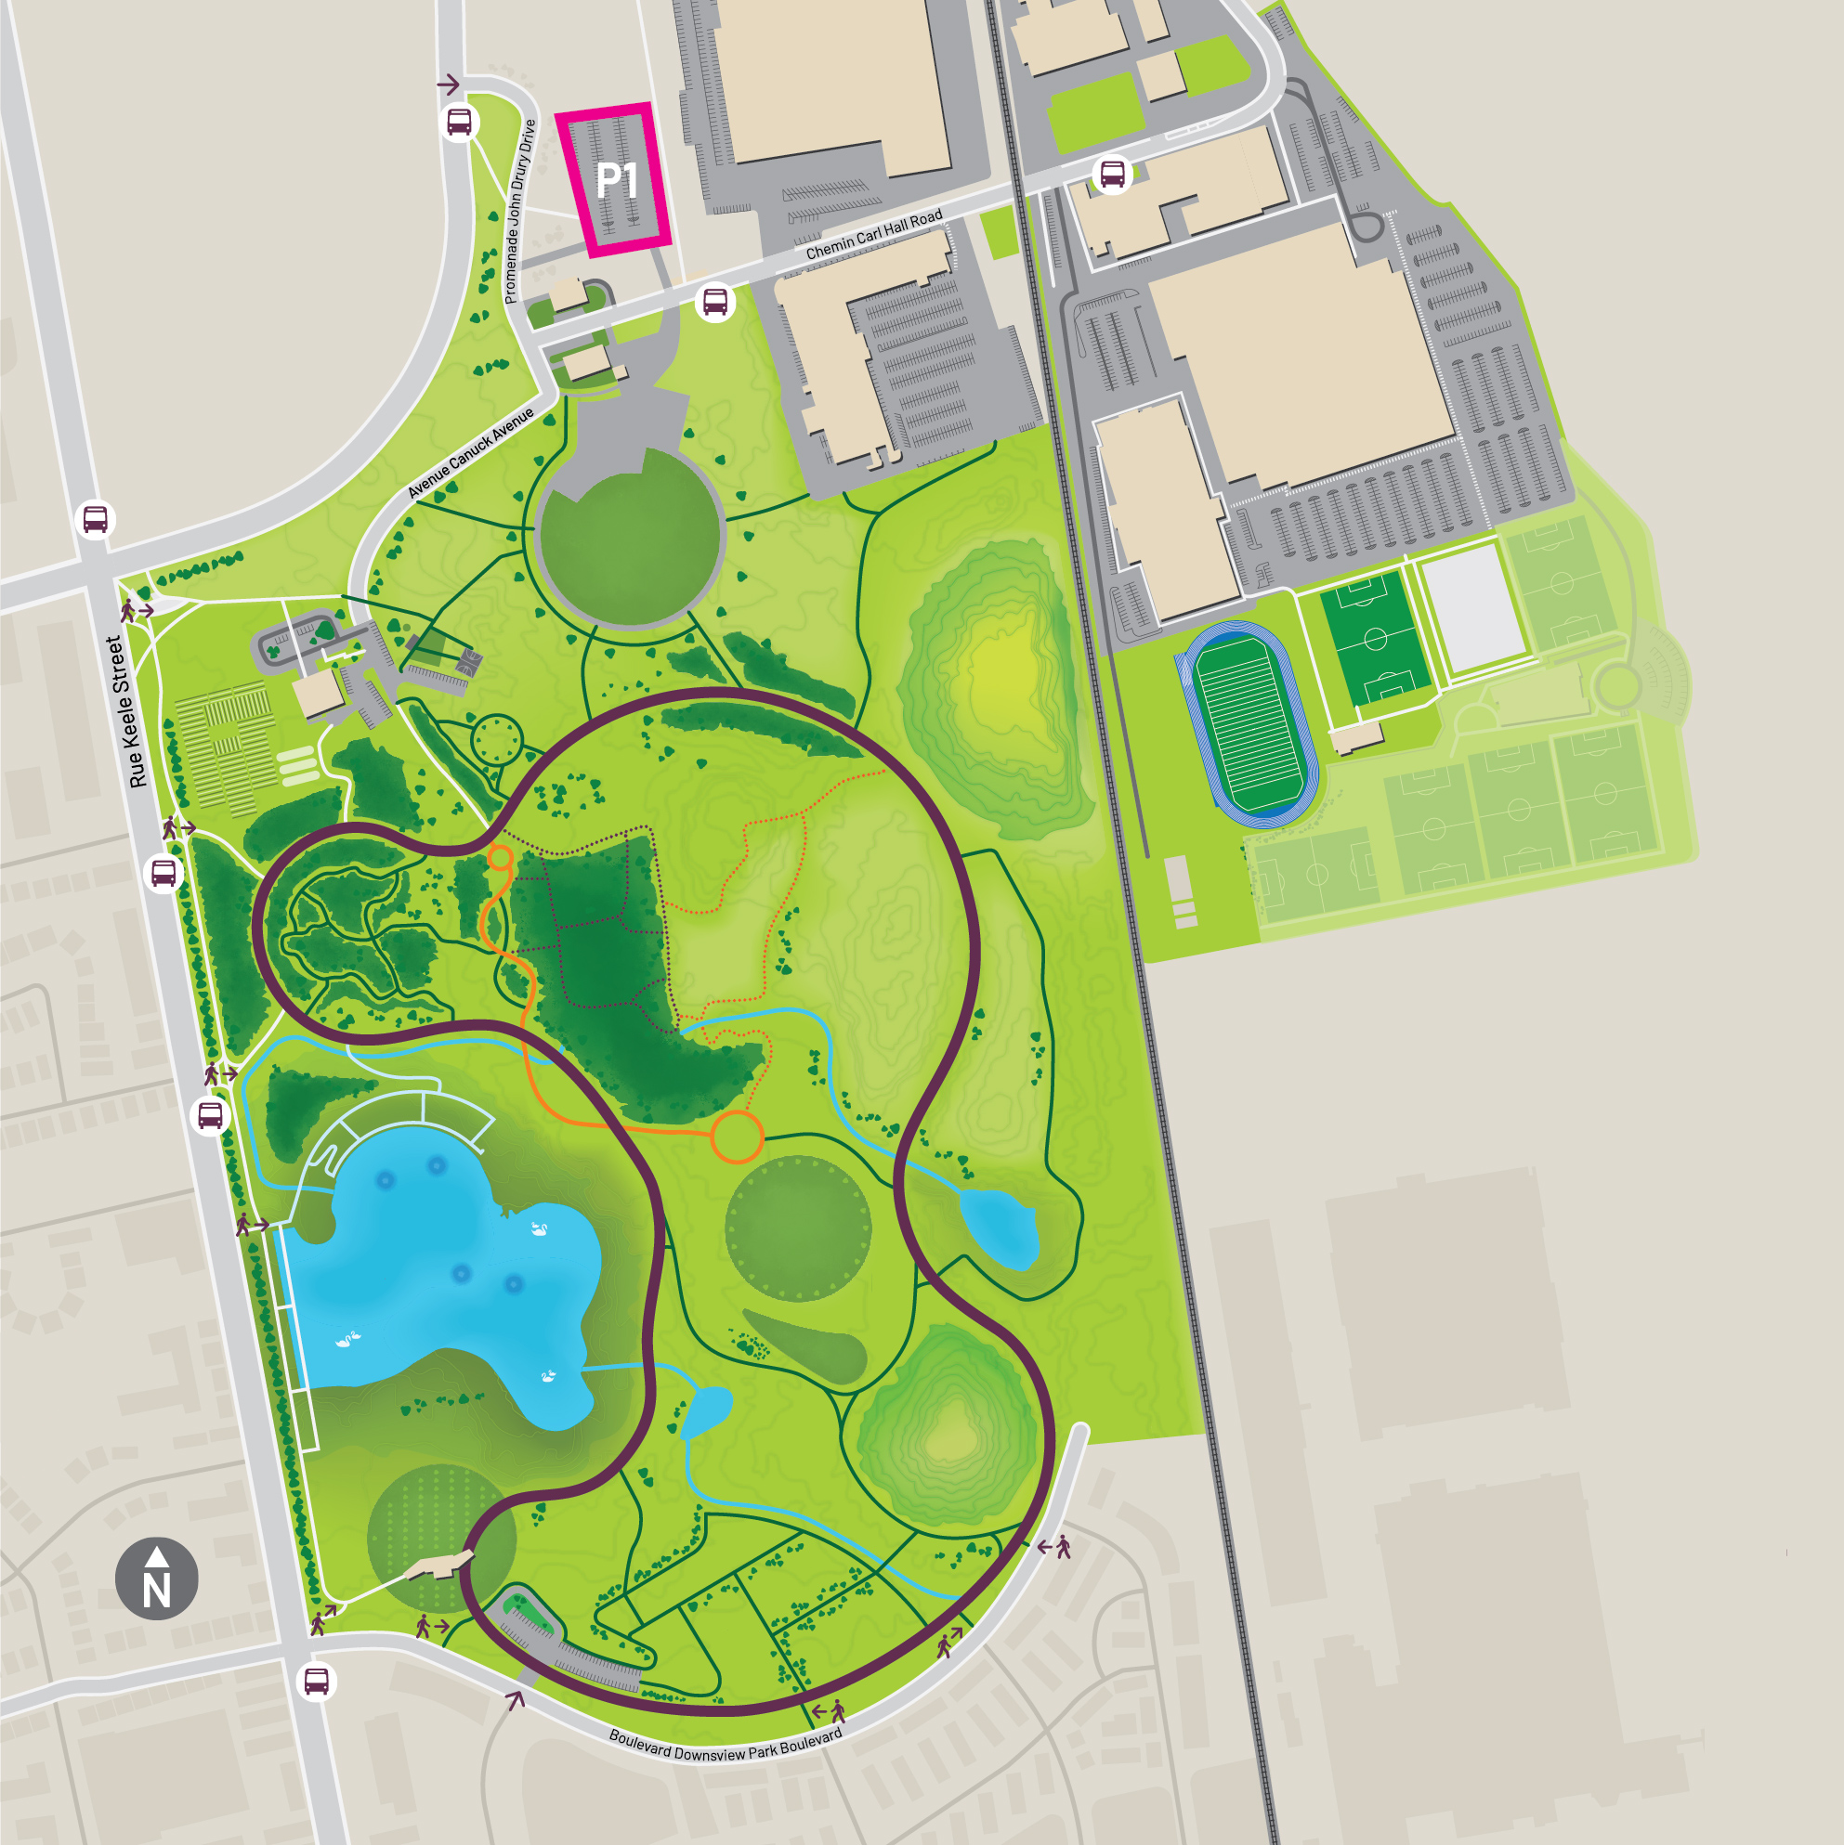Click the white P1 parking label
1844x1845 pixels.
click(x=616, y=179)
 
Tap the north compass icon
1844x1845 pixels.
click(x=157, y=1579)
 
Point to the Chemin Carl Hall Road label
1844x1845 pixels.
click(x=873, y=235)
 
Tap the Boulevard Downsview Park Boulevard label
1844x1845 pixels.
click(x=726, y=1744)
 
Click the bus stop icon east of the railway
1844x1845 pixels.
click(x=1112, y=175)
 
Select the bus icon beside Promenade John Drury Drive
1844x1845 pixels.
click(x=460, y=123)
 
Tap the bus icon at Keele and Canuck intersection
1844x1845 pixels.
click(x=96, y=519)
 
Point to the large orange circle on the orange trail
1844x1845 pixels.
click(x=737, y=1137)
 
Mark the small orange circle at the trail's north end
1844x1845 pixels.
click(x=500, y=858)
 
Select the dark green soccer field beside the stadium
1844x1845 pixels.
click(x=1375, y=637)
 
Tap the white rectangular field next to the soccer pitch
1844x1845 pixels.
click(x=1472, y=609)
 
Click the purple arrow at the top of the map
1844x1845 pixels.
click(x=448, y=85)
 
